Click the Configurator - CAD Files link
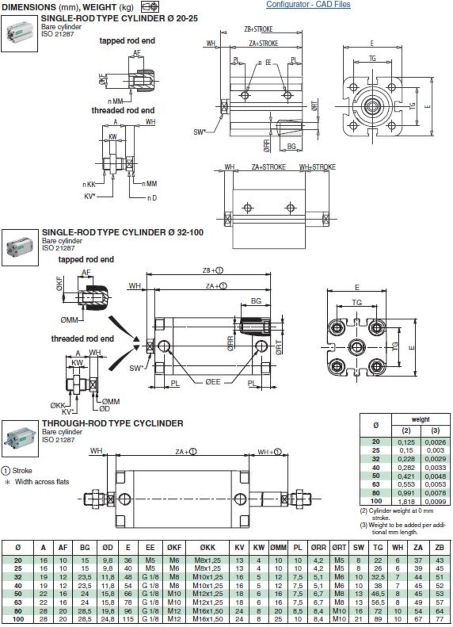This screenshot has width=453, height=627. pos(308,5)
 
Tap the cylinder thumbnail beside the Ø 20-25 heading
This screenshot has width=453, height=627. pos(19,33)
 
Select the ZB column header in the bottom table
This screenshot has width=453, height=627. pos(439,547)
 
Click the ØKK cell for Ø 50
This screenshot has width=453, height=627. pos(208,594)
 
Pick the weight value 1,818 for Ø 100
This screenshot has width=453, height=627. pos(406,501)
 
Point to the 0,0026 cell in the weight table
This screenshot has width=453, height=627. pos(435,442)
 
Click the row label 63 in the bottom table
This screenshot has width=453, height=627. pos(18,602)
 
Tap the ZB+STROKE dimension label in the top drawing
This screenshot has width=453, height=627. pos(258,29)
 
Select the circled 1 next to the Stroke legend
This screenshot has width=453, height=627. pos(6,471)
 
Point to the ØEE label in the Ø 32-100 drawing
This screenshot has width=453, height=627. pos(213,382)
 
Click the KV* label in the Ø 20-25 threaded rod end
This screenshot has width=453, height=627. pos(90,196)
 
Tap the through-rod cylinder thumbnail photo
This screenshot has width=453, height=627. pos(20,438)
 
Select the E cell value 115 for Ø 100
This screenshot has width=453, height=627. pos(128,619)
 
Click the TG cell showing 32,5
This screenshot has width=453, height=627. pos(377,577)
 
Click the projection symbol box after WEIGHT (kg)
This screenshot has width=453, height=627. pos(150,7)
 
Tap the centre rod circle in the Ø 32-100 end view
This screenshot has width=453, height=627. pos(357,347)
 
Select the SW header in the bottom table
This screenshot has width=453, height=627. pos(358,547)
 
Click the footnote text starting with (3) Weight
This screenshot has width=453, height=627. pos(403,528)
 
